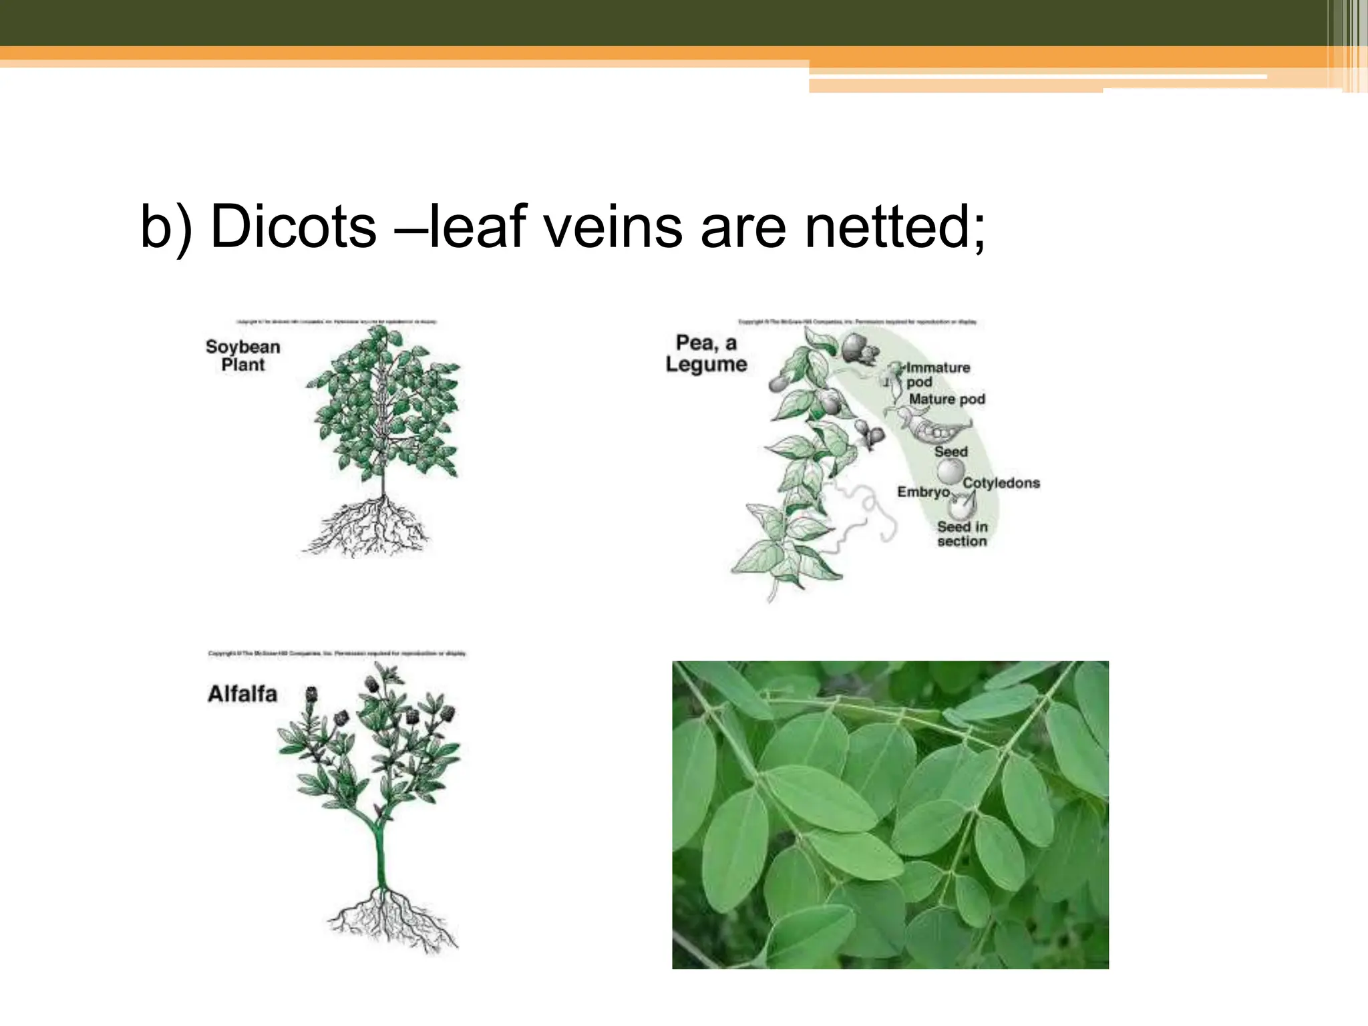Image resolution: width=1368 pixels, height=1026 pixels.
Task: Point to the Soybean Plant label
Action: click(243, 355)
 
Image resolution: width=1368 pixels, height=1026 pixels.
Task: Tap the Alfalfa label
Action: click(242, 694)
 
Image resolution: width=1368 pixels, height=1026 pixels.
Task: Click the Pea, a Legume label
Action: click(706, 353)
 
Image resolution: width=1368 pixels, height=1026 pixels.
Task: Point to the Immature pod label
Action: click(937, 374)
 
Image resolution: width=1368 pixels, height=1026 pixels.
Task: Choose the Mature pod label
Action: click(947, 399)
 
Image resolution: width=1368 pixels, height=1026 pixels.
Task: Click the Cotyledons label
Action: click(1001, 483)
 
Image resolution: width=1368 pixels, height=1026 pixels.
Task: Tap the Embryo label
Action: click(923, 492)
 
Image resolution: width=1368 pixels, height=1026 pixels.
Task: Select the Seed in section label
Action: click(962, 534)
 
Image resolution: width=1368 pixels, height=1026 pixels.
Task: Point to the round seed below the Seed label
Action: click(950, 472)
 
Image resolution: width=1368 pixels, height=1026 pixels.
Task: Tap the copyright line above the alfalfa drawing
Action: click(337, 653)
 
